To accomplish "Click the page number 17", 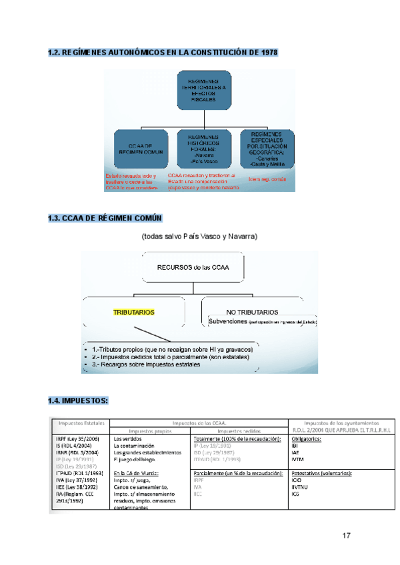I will click(346, 536).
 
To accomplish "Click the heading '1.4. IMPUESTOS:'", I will click(78, 401).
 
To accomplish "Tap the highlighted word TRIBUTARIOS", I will click(134, 311).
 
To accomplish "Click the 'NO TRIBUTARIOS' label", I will click(253, 312).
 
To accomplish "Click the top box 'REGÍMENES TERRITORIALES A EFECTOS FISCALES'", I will click(203, 91).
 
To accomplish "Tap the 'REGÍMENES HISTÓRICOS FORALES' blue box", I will click(204, 147).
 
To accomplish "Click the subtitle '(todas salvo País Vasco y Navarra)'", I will click(199, 237).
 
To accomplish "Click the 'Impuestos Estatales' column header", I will click(81, 423).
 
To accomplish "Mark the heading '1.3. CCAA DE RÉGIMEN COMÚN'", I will click(105, 219).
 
